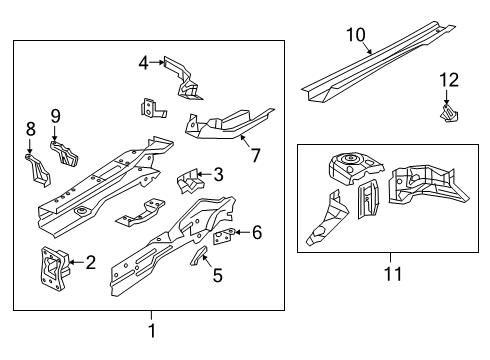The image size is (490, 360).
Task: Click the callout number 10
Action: tap(356, 35)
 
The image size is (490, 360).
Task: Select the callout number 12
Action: tap(449, 80)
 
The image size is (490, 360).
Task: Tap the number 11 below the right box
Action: tap(393, 274)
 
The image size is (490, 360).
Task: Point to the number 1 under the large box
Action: tap(152, 331)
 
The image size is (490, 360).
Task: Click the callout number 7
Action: tap(255, 155)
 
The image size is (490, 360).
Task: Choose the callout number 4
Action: tap(144, 63)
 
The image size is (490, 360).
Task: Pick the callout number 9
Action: tap(56, 116)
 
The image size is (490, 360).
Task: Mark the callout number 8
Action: tap(30, 129)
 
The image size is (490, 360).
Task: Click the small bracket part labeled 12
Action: tap(449, 113)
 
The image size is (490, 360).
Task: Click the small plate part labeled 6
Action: tap(223, 237)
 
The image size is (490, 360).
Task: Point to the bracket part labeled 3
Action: tap(189, 181)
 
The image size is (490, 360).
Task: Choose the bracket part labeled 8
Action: tap(38, 170)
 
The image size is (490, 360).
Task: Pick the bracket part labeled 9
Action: tap(64, 154)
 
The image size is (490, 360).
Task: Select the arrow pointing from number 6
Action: tap(242, 232)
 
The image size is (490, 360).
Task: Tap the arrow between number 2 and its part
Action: tap(76, 262)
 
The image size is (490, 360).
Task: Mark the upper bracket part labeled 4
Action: tap(183, 78)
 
